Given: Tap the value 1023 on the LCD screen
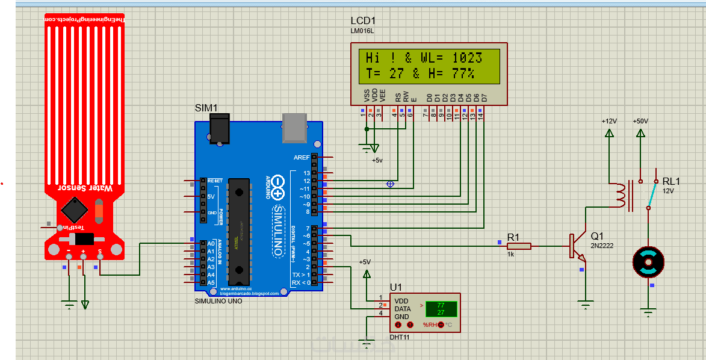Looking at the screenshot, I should click(x=467, y=58).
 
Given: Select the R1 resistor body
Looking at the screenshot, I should click(x=519, y=246).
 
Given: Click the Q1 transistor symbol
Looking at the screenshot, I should click(x=576, y=246).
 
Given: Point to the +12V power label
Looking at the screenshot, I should click(x=609, y=121).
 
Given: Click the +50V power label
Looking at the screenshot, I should click(x=640, y=121).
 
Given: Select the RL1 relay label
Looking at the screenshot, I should click(x=671, y=181).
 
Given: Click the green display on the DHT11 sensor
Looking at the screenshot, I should click(x=441, y=309).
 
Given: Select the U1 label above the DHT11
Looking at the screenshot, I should click(x=395, y=287).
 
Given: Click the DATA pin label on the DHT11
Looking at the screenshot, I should click(x=403, y=309).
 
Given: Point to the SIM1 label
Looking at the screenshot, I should click(x=206, y=108).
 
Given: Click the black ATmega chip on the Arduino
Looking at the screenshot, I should click(x=240, y=231).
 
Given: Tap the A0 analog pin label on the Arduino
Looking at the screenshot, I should click(x=211, y=244).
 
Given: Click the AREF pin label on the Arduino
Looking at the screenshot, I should click(x=302, y=158).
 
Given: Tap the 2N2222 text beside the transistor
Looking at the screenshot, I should click(x=602, y=246).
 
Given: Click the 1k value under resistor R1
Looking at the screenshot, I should click(x=510, y=255).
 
